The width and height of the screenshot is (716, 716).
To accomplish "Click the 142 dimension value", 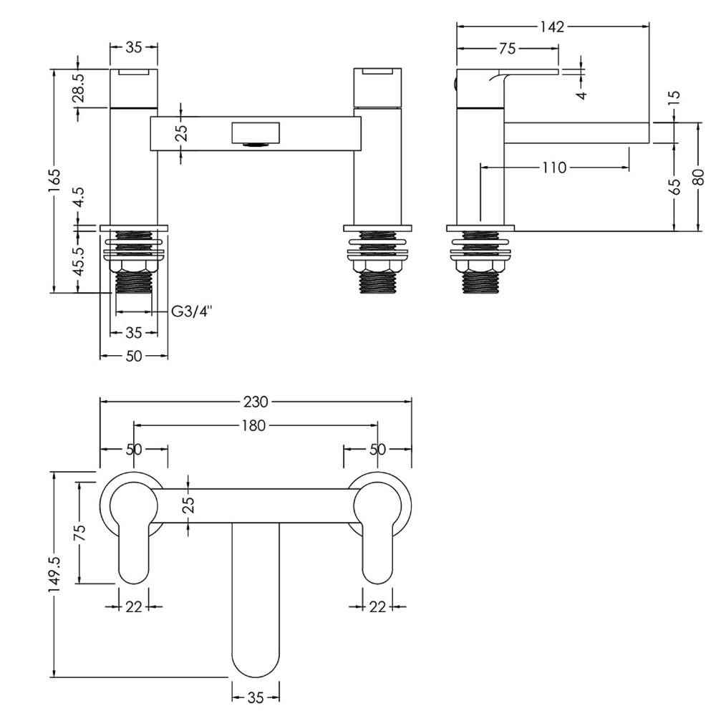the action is tap(552, 27).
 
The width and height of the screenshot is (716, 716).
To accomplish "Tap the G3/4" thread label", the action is tap(192, 312).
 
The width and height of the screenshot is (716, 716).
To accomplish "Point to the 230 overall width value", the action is tap(256, 402).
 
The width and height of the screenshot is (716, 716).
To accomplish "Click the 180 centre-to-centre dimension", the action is tap(254, 425).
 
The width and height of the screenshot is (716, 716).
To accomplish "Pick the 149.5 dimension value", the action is tap(54, 574).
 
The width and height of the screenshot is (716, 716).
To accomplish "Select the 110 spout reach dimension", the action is tap(554, 168).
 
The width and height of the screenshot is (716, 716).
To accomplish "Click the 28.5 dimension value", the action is tap(79, 87).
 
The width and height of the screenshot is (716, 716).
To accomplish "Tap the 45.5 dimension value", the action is tap(79, 261).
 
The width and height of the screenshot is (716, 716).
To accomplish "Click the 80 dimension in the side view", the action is tap(699, 177).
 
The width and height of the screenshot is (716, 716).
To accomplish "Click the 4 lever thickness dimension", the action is tap(581, 95).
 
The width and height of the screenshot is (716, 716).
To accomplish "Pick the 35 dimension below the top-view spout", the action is tap(256, 697).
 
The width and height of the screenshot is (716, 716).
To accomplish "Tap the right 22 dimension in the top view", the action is tap(377, 606).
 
